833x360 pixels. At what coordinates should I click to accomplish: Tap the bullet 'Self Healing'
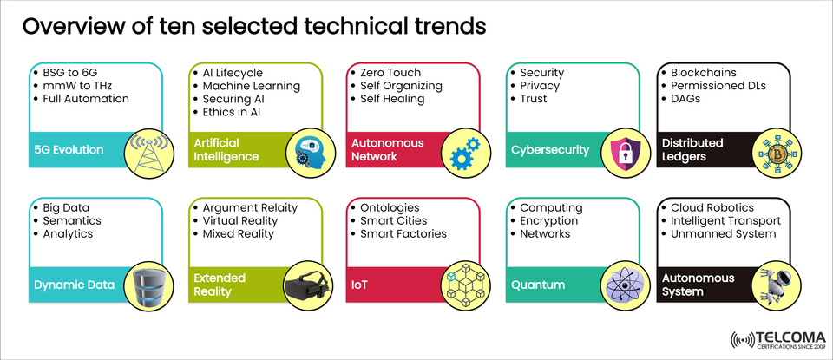(x=392, y=99)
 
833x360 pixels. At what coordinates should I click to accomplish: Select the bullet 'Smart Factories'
(x=403, y=234)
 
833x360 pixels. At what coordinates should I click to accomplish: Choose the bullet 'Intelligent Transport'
(x=725, y=221)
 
